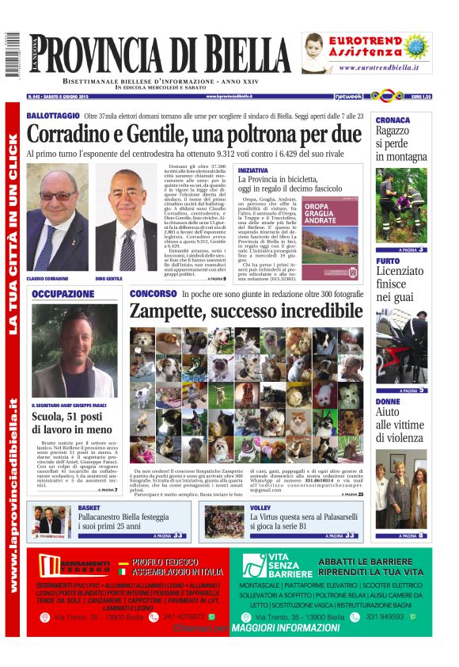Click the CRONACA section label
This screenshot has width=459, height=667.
(x=392, y=120)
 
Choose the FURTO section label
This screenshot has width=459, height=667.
(x=388, y=260)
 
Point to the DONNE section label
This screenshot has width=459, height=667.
(x=388, y=402)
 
